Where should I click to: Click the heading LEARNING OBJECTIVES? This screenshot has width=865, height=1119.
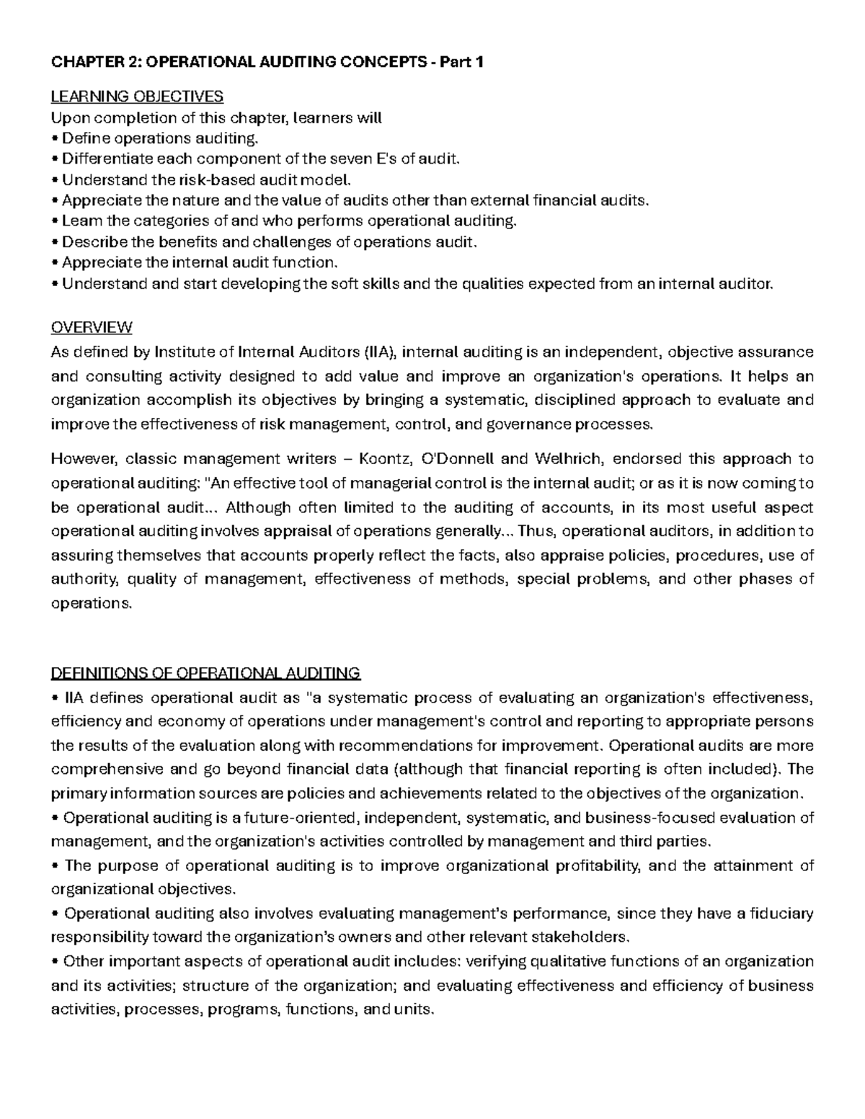(x=137, y=96)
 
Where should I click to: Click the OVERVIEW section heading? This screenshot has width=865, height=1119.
(x=92, y=327)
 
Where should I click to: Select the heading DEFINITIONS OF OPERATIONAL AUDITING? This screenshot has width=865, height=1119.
(x=205, y=673)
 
